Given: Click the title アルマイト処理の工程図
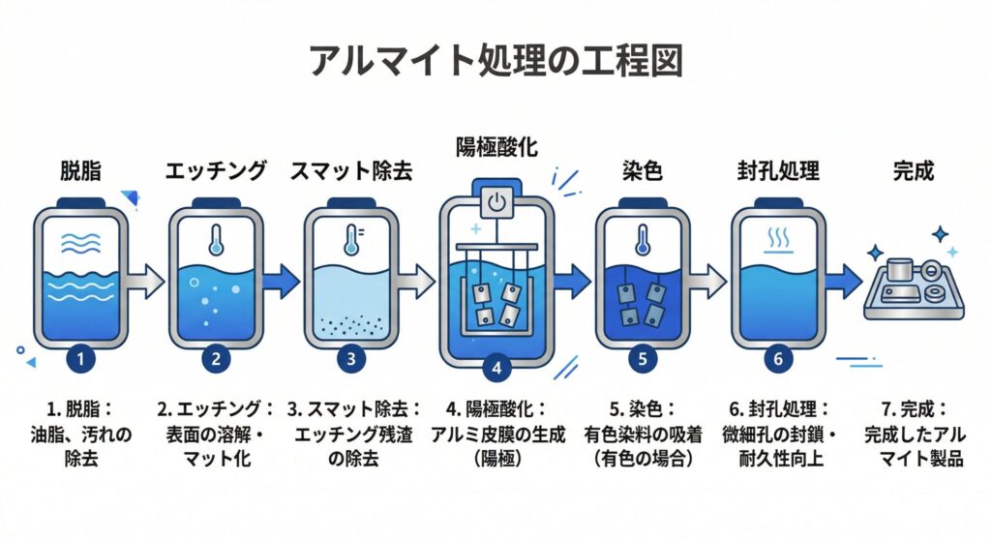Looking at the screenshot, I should click(495, 61).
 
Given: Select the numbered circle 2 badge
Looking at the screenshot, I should click(216, 358).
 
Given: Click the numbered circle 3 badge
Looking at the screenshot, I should click(350, 358).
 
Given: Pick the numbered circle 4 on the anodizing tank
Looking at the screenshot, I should click(495, 368).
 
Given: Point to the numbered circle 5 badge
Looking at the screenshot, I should click(642, 358).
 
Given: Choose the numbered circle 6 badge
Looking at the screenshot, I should click(777, 358).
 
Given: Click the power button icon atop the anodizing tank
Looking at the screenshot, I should click(495, 203).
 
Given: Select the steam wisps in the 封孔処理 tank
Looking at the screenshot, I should click(776, 238).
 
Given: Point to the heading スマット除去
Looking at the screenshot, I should click(351, 172).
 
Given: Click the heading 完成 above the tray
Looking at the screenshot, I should click(913, 172).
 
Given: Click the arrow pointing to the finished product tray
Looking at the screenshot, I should click(841, 282).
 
